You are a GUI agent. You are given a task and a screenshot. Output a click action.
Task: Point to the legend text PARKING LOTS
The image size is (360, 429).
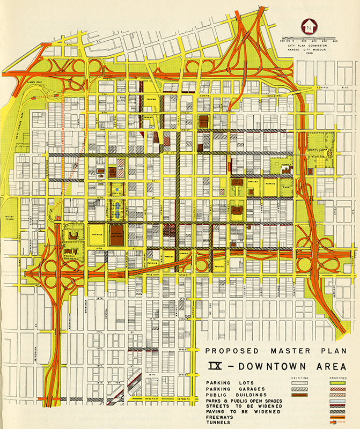(225, 382)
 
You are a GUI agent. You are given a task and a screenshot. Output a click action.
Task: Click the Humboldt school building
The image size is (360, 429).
(286, 169)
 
